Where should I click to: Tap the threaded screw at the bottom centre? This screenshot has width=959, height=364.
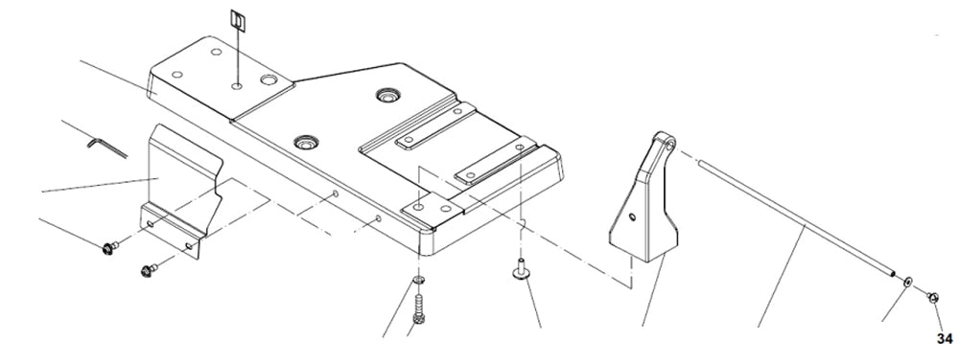tap(419, 308)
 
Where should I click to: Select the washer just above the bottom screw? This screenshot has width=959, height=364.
tap(419, 280)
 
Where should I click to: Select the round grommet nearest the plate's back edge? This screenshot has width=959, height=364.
tap(389, 96)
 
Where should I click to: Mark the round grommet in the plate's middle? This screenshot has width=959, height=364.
tap(306, 142)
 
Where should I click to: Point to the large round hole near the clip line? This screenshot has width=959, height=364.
tap(268, 82)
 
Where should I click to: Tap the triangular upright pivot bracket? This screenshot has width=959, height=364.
tap(644, 201)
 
